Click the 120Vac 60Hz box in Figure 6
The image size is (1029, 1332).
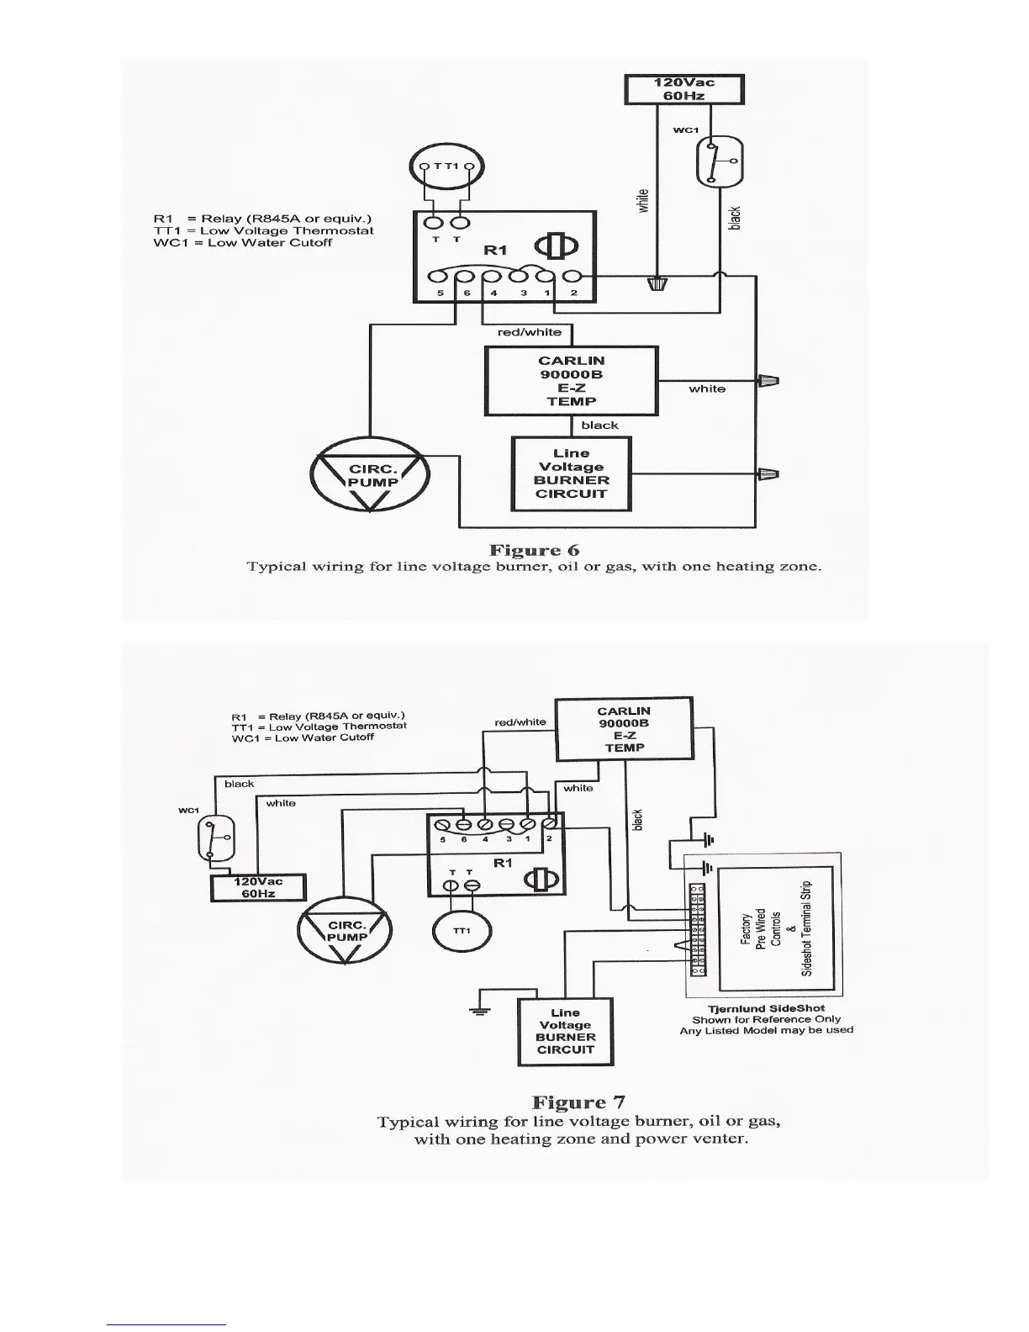[x=683, y=89]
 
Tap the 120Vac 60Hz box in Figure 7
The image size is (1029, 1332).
[x=258, y=887]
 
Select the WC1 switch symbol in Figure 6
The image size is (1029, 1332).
[x=720, y=161]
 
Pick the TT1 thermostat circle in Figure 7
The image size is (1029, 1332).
[x=462, y=931]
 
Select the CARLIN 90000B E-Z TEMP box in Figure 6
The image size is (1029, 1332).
[x=571, y=381]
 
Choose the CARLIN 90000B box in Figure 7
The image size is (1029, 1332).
[x=624, y=728]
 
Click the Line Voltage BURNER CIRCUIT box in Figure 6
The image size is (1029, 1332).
[x=571, y=473]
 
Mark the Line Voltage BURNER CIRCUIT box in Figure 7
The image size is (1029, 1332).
[x=565, y=1031]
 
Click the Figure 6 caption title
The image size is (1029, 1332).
[x=534, y=550]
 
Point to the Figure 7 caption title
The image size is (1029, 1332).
[x=578, y=1102]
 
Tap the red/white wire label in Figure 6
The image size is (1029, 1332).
[x=529, y=332]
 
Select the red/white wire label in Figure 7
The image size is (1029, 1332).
[x=520, y=721]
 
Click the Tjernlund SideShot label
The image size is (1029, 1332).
[x=766, y=1008]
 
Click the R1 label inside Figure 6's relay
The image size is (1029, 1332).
[x=495, y=250]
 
